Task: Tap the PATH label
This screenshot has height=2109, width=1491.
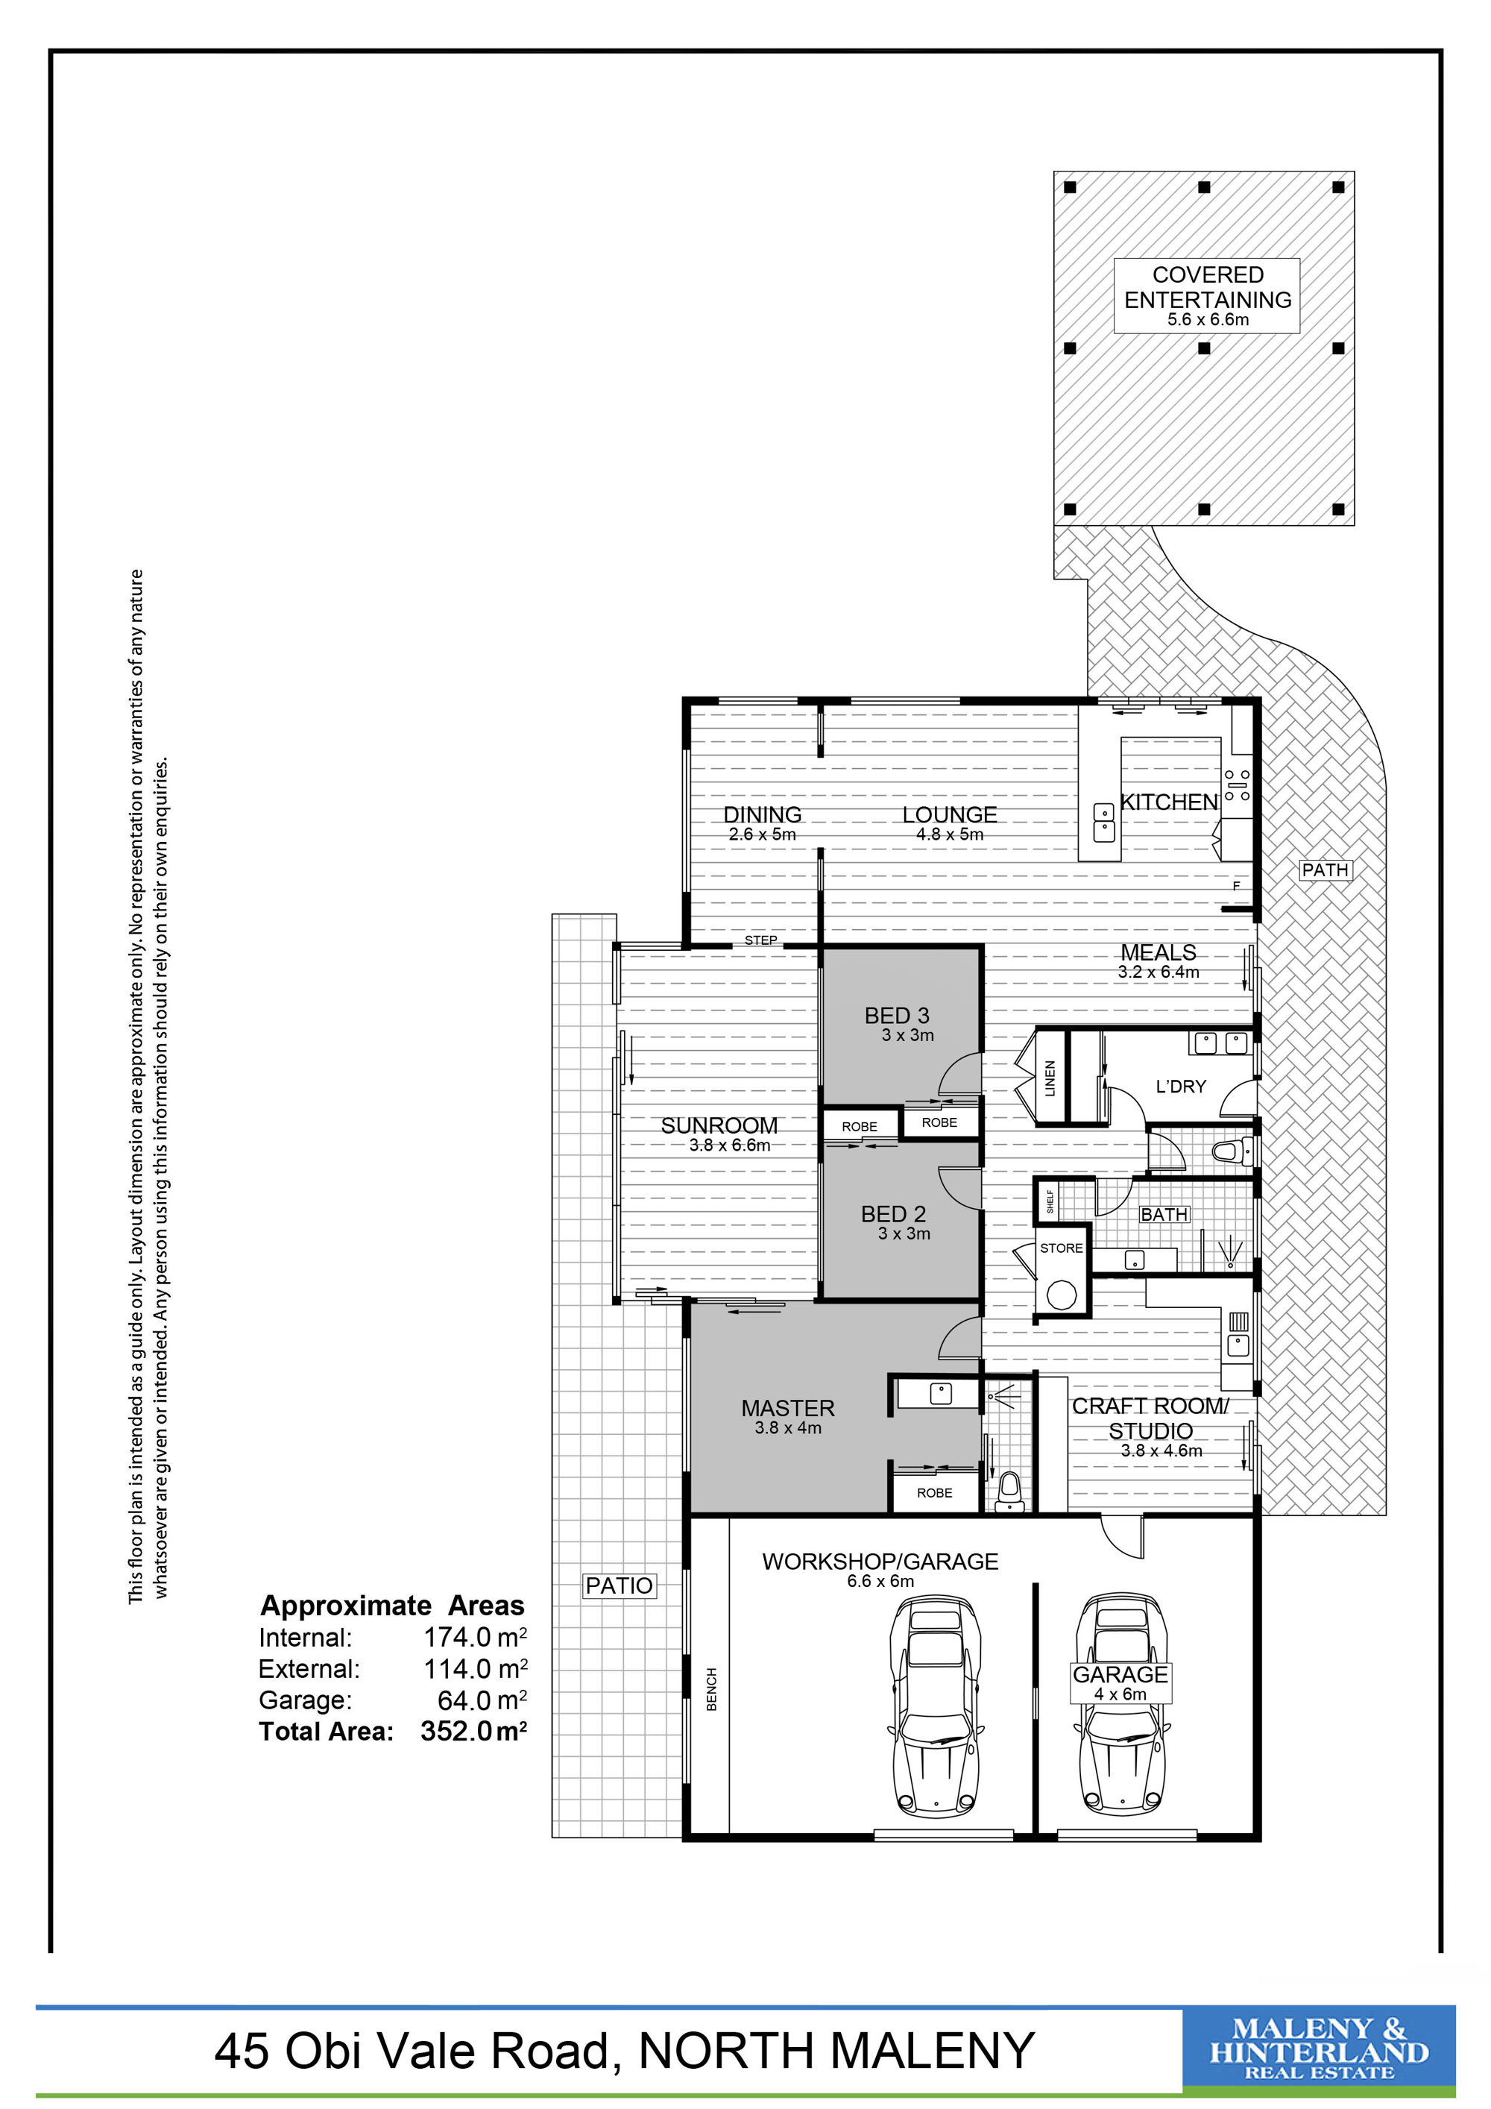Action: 1325,870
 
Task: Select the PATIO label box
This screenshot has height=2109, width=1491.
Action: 620,1585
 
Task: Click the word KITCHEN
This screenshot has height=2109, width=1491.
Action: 1169,802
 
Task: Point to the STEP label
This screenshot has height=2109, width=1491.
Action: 761,940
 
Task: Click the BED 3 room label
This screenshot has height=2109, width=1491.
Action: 897,1015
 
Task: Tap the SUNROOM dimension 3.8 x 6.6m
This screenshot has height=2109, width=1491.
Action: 730,1145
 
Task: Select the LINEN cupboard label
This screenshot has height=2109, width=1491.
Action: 1050,1078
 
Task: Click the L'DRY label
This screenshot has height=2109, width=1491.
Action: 1181,1087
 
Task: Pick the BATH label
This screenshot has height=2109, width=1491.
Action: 1164,1214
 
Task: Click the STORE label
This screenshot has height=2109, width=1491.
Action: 1062,1248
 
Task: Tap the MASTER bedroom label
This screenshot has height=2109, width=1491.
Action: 788,1408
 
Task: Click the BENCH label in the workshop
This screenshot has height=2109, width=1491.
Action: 711,1689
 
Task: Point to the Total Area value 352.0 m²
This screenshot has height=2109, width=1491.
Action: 473,1732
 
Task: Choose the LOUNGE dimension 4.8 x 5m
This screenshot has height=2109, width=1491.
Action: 949,835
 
